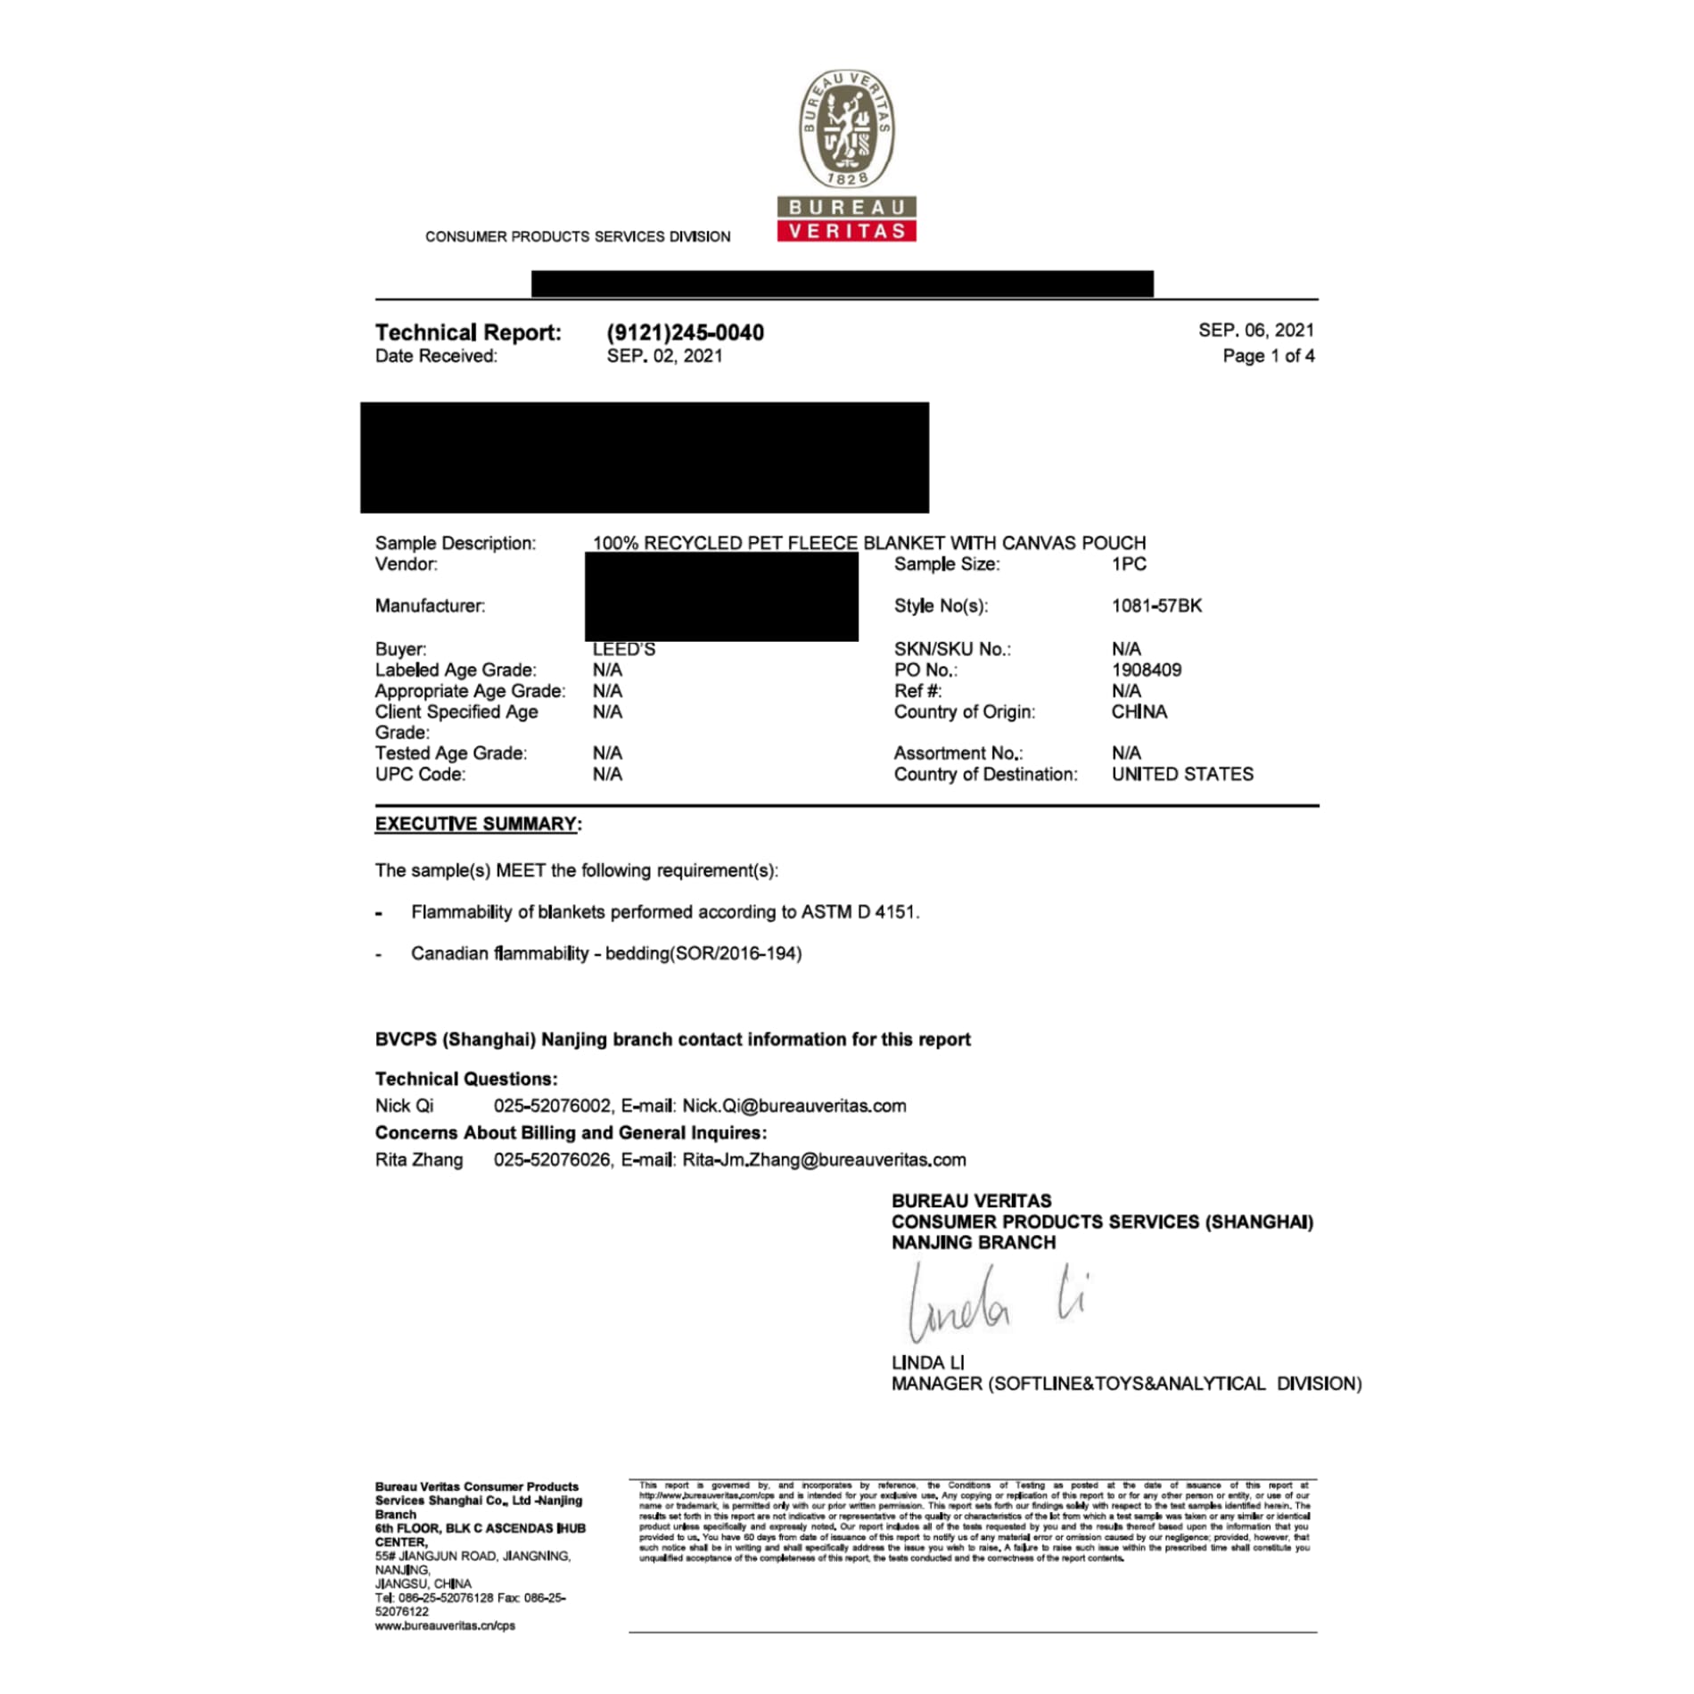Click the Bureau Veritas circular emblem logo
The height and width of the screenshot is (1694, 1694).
pyautogui.click(x=846, y=128)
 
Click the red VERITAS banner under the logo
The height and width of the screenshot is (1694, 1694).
pyautogui.click(x=846, y=231)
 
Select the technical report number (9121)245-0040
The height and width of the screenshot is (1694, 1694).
pyautogui.click(x=685, y=333)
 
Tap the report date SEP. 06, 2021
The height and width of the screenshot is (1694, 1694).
pyautogui.click(x=1255, y=331)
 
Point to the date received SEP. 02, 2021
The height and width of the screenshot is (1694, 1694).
pyautogui.click(x=664, y=356)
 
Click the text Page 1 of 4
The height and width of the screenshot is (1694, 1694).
pyautogui.click(x=1268, y=356)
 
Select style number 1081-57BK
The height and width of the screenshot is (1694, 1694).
pyautogui.click(x=1155, y=605)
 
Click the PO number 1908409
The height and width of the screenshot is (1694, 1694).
pyautogui.click(x=1146, y=670)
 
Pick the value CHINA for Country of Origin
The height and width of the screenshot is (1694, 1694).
pyautogui.click(x=1139, y=711)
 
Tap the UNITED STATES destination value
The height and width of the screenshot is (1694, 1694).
pyautogui.click(x=1181, y=774)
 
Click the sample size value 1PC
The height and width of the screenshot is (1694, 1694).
pyautogui.click(x=1128, y=563)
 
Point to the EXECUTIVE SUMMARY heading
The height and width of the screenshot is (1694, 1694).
pyautogui.click(x=477, y=824)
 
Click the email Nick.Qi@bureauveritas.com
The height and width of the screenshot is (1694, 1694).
pyautogui.click(x=794, y=1106)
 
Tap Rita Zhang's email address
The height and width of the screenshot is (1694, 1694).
pyautogui.click(x=824, y=1160)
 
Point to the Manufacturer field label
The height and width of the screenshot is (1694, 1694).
pyautogui.click(x=430, y=606)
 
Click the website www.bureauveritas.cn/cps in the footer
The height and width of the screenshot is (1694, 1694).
pyautogui.click(x=445, y=1625)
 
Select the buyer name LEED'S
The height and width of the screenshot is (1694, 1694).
pyautogui.click(x=623, y=650)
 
